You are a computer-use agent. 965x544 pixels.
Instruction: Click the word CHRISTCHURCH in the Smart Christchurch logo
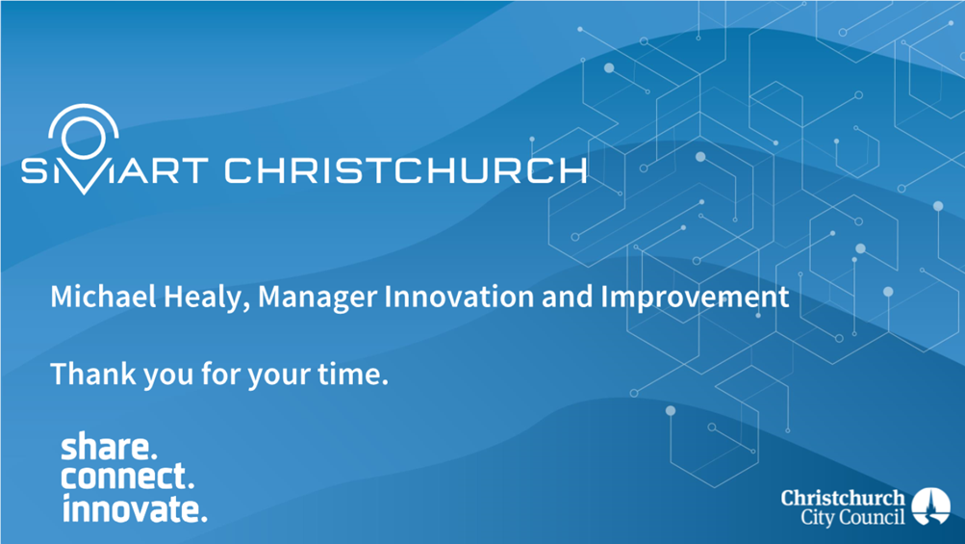coord(406,170)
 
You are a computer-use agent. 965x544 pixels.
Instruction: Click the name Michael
coord(103,297)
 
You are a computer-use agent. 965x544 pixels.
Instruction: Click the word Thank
coord(93,374)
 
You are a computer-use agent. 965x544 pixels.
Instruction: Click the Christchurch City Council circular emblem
coord(930,506)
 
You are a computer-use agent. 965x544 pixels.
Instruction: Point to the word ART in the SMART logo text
coord(163,170)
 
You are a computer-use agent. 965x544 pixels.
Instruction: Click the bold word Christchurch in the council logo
coord(843,498)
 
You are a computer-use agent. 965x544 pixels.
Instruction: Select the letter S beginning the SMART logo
coord(34,170)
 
